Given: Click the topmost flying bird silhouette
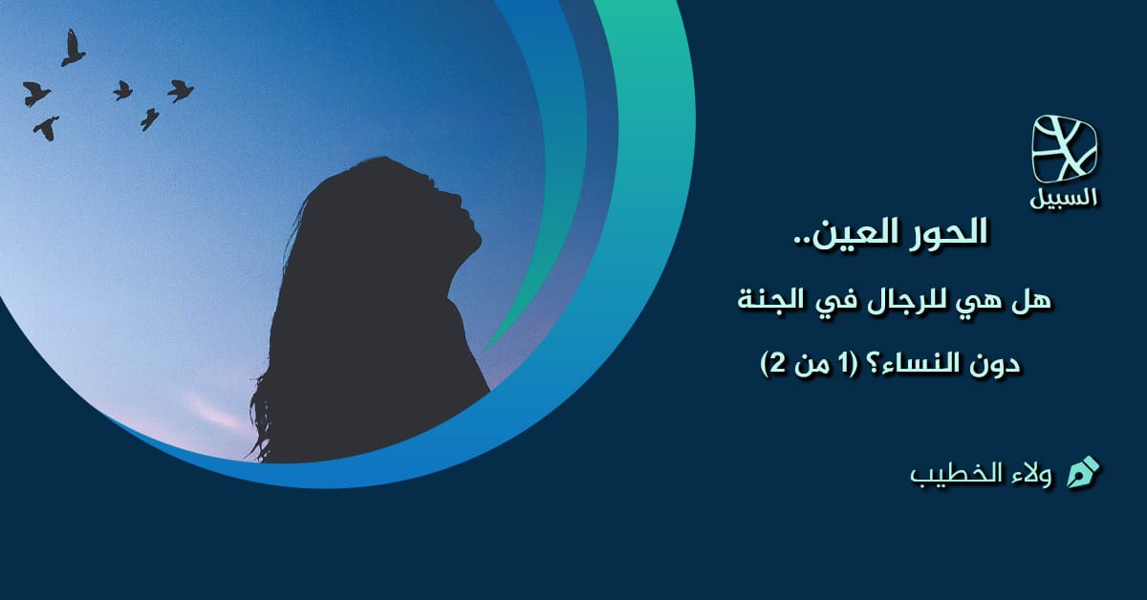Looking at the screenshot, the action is [x=72, y=49].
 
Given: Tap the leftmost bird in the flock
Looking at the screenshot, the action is [x=36, y=94].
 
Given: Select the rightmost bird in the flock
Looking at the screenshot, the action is [x=180, y=91].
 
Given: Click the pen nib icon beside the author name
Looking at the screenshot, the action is [x=1082, y=472].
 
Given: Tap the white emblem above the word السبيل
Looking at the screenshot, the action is [x=1065, y=149].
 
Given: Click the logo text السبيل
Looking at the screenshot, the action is [x=1064, y=198].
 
